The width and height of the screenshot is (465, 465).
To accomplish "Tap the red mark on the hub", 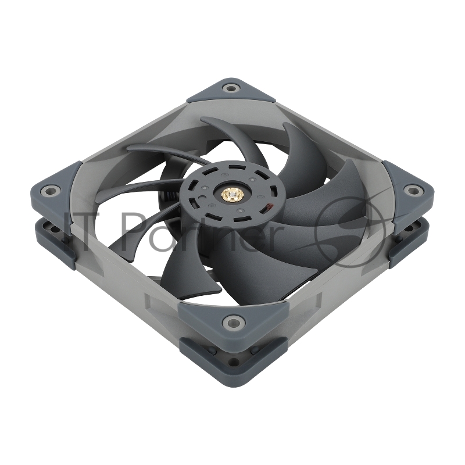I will [x=268, y=206].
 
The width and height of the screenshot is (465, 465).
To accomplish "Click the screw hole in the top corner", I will [x=232, y=89].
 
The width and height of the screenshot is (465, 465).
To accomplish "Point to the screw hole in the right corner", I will [x=413, y=189].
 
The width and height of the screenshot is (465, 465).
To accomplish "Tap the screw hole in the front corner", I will [x=234, y=320].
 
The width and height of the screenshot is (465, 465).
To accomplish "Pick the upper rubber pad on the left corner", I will [x=55, y=189].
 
